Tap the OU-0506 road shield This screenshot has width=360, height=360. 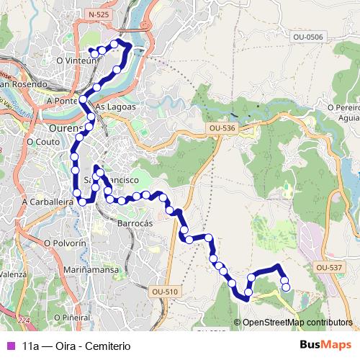pyautogui.click(x=308, y=36)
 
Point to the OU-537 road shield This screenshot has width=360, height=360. pyautogui.click(x=328, y=267)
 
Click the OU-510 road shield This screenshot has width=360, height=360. pyautogui.click(x=164, y=292)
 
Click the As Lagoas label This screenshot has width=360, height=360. pyautogui.click(x=115, y=106)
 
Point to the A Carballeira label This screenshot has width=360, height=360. pyautogui.click(x=48, y=203)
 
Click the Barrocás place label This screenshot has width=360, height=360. pyautogui.click(x=135, y=224)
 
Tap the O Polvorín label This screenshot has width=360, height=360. pyautogui.click(x=65, y=243)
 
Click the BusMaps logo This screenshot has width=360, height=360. pyautogui.click(x=325, y=345)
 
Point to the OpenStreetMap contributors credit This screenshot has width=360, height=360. pyautogui.click(x=297, y=322)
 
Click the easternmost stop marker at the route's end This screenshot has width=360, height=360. pyautogui.click(x=286, y=287)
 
